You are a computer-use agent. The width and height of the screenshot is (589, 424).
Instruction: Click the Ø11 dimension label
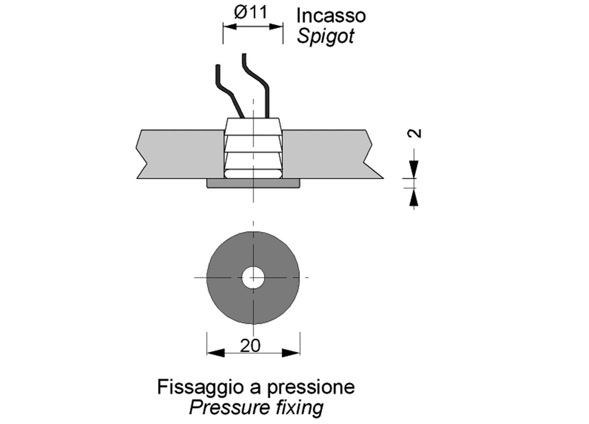(x=251, y=13)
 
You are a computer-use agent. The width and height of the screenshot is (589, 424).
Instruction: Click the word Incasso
(x=331, y=16)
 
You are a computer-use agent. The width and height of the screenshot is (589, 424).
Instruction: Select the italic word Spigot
(x=325, y=37)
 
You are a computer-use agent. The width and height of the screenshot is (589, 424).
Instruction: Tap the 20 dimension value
(x=250, y=346)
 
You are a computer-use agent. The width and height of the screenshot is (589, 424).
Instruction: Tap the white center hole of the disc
(x=253, y=278)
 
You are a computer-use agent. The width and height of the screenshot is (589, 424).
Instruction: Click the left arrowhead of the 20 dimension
(x=216, y=352)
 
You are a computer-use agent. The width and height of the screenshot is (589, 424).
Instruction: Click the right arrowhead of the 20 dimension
(x=291, y=352)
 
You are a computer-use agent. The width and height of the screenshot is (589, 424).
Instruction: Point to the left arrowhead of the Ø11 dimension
(x=230, y=27)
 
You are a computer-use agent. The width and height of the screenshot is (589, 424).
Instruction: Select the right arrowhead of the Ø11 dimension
(x=276, y=27)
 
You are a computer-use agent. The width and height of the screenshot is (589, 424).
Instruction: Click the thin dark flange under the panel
(x=253, y=183)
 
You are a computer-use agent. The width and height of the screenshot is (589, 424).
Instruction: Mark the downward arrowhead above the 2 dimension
(x=414, y=169)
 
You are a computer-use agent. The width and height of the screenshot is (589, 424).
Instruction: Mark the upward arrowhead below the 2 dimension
(x=414, y=198)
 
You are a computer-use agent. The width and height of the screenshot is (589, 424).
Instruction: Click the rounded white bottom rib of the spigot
(x=253, y=174)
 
